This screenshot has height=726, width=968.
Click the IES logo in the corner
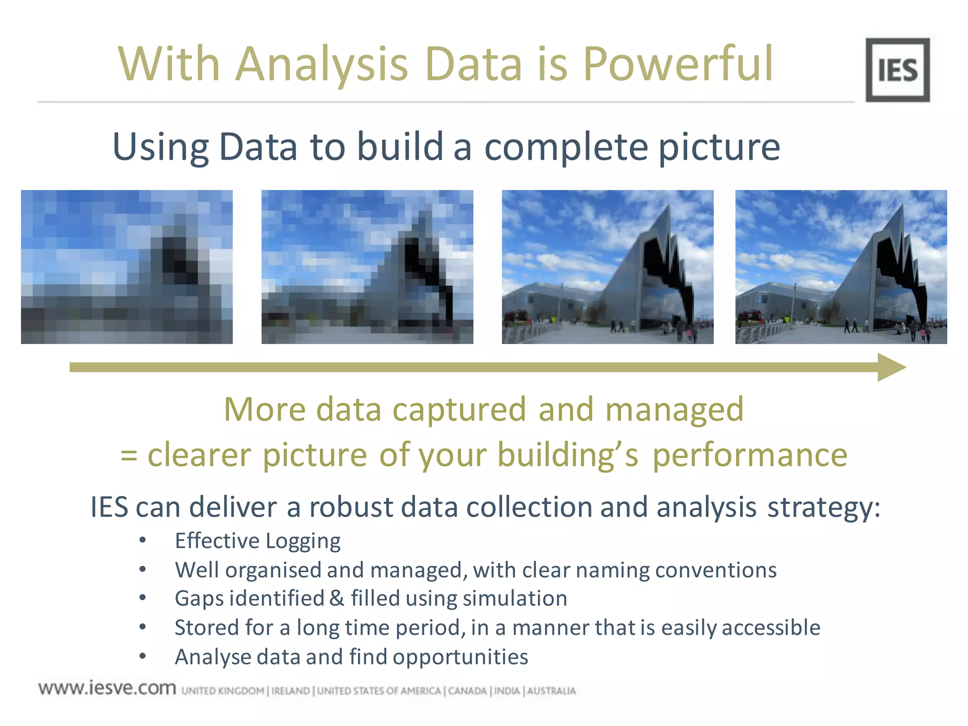[x=897, y=70]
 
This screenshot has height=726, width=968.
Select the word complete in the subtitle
[x=566, y=147]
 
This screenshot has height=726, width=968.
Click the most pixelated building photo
[x=127, y=267]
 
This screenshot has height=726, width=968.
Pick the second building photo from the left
[x=367, y=267]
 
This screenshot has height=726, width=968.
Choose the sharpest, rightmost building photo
[x=841, y=267]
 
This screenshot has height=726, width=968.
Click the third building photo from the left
[x=607, y=267]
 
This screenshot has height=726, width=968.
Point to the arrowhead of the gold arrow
[x=891, y=367]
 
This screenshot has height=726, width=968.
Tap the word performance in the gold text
[x=750, y=456]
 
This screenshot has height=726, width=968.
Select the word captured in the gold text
[x=459, y=409]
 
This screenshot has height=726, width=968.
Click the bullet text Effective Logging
[x=258, y=541]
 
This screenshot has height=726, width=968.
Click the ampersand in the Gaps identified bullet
[x=337, y=598]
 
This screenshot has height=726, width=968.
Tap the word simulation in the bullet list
[x=515, y=598]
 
